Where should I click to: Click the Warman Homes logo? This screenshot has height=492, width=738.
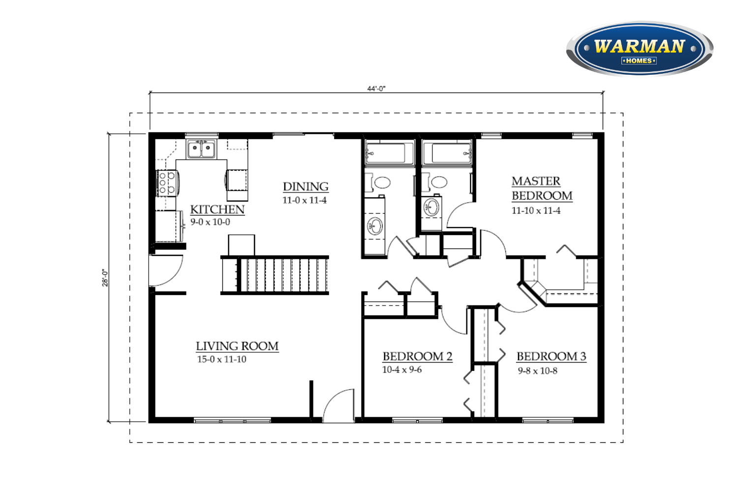(x=640, y=48)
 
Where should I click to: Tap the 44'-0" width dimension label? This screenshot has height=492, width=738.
(x=376, y=89)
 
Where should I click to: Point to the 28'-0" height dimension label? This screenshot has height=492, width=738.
(x=105, y=278)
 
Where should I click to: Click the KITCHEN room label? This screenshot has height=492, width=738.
(x=217, y=210)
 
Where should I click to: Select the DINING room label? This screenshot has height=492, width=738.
(x=306, y=186)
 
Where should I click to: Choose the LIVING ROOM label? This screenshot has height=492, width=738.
(x=237, y=346)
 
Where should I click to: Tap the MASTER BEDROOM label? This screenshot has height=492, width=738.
(x=542, y=188)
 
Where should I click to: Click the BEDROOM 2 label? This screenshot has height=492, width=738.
(x=417, y=356)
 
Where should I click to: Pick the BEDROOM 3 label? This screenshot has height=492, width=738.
(x=551, y=356)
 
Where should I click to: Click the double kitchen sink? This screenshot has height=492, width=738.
(x=202, y=149)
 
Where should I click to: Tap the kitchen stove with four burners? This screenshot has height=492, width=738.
(x=168, y=183)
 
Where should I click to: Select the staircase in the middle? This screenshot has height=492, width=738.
(x=275, y=275)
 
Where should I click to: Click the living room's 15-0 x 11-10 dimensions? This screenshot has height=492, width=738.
(x=222, y=359)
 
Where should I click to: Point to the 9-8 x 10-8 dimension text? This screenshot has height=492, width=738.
(x=538, y=371)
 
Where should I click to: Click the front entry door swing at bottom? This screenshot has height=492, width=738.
(x=338, y=406)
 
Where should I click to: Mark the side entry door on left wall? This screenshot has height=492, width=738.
(x=166, y=270)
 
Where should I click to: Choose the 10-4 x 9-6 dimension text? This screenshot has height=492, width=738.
(x=402, y=370)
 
